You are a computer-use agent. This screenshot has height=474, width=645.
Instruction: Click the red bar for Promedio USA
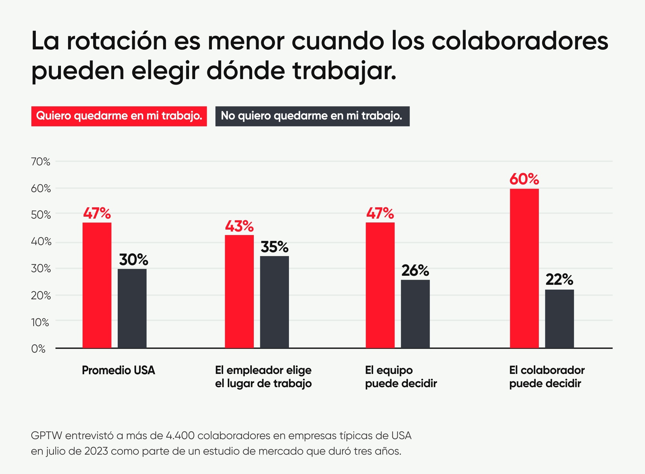(x=97, y=285)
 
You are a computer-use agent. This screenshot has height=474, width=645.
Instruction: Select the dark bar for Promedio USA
(x=132, y=308)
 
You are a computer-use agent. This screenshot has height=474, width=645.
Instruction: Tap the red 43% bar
(x=239, y=291)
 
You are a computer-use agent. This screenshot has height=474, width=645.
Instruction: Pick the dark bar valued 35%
(x=274, y=302)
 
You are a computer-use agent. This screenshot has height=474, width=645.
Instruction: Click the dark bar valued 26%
(x=415, y=314)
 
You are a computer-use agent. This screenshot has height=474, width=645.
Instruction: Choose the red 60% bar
(x=524, y=268)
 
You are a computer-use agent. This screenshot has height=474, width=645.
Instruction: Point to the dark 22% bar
(x=559, y=319)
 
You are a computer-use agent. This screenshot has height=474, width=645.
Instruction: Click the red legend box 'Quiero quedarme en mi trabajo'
(x=119, y=116)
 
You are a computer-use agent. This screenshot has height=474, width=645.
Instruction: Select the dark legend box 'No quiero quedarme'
(x=312, y=116)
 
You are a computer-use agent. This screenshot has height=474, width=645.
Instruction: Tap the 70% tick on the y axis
(x=41, y=161)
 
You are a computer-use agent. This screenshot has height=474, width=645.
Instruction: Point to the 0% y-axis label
(x=38, y=349)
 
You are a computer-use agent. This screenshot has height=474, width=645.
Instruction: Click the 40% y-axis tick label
(x=41, y=242)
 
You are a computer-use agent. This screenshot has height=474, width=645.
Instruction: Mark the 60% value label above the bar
(x=524, y=179)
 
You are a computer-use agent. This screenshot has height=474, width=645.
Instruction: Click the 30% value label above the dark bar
(x=133, y=260)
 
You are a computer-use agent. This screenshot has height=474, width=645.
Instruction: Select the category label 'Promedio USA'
(x=118, y=370)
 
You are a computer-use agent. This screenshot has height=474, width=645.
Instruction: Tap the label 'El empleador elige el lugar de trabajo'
(x=263, y=376)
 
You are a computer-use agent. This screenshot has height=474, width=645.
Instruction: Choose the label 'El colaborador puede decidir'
(x=547, y=376)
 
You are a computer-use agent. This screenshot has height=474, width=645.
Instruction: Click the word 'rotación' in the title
(x=116, y=41)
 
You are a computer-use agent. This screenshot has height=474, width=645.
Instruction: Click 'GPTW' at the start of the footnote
(x=46, y=436)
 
